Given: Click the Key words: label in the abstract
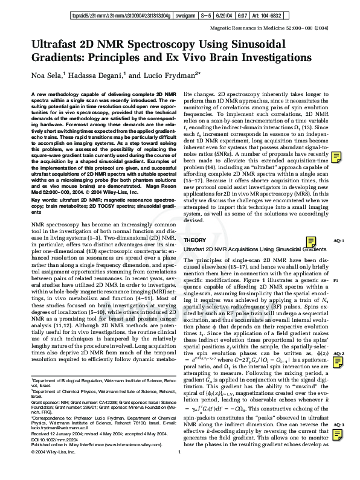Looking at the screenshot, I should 44,181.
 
